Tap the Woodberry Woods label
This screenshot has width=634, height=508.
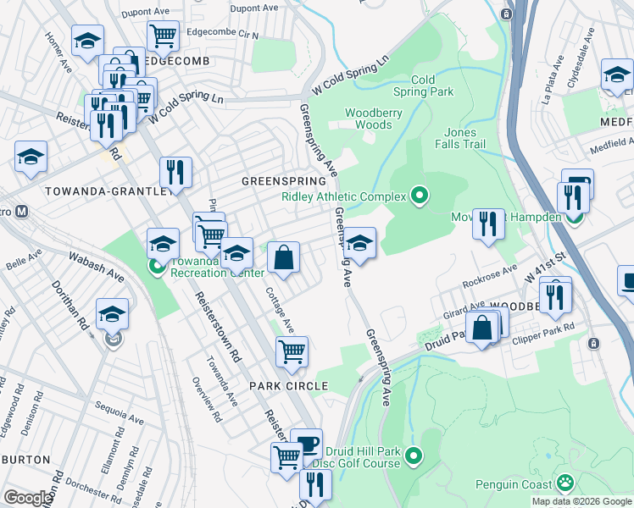point(369,119)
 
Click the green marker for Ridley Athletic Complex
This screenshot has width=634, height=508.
point(419,197)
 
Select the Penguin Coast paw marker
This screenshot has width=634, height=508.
point(564,483)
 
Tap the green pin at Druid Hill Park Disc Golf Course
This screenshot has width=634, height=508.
point(414,456)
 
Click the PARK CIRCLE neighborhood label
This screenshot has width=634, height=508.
point(288,385)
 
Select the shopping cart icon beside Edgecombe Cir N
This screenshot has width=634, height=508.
point(163,36)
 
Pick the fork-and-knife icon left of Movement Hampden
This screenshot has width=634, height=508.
point(488,224)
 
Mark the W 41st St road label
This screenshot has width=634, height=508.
point(544,269)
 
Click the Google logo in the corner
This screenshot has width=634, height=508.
point(28,498)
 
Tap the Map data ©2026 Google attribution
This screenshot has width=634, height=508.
point(581,501)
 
